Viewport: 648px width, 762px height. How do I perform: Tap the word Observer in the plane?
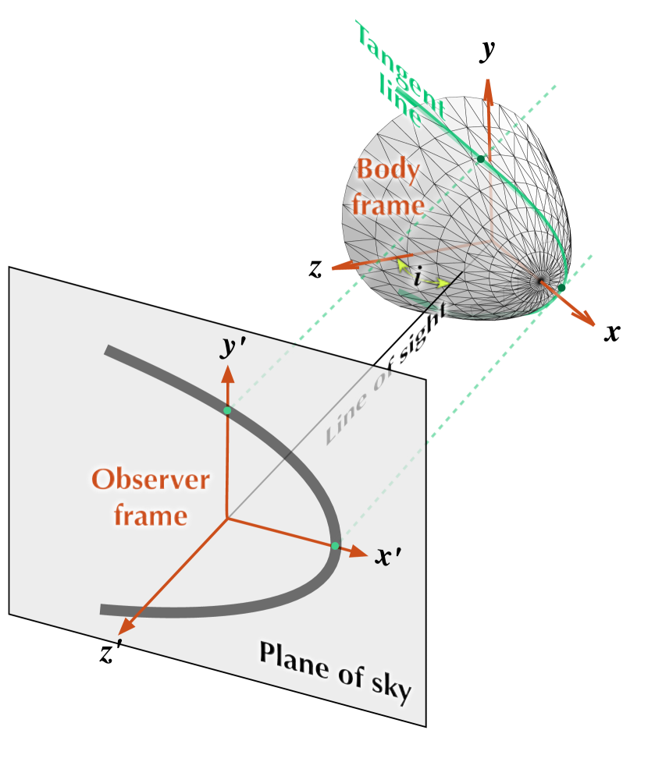tap(151, 479)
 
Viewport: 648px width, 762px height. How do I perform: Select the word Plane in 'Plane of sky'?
tap(290, 659)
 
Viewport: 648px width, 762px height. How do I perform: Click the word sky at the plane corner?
tap(388, 689)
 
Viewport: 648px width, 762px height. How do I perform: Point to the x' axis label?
tap(388, 557)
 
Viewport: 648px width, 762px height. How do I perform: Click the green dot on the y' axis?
tap(227, 410)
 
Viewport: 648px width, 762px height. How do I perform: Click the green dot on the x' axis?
tap(335, 546)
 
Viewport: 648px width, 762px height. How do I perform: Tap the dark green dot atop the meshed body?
tap(481, 158)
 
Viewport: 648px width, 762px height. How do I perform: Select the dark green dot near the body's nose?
tap(561, 289)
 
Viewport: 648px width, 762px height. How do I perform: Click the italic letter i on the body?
tap(419, 276)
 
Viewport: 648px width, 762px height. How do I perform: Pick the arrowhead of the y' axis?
tap(227, 372)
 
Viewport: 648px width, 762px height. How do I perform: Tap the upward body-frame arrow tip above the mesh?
tap(488, 86)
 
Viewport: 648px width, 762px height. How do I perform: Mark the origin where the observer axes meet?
tap(227, 517)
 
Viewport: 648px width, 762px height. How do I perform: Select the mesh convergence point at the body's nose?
tap(539, 281)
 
